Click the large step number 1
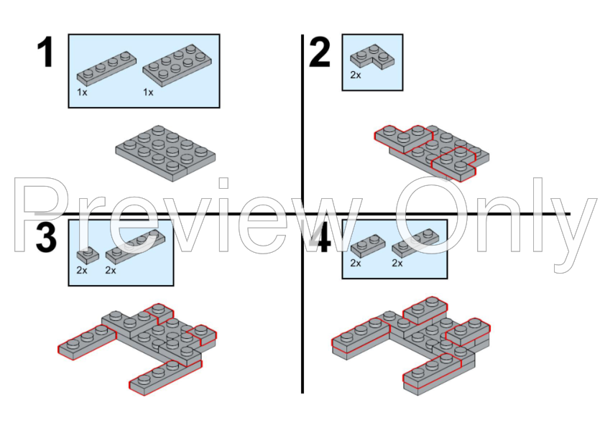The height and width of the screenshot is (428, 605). (x=45, y=52)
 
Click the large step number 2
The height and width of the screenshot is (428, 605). (x=320, y=52)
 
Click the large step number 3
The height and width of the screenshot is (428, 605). (x=46, y=237)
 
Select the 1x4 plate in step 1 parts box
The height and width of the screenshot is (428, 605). (x=106, y=68)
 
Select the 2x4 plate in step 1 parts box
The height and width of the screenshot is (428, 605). (x=177, y=65)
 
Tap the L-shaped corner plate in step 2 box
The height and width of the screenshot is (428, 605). (x=372, y=57)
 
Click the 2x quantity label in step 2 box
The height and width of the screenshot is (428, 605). (x=356, y=75)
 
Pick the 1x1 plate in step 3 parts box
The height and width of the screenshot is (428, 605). (x=88, y=255)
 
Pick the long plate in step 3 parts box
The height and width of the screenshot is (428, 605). (x=135, y=247)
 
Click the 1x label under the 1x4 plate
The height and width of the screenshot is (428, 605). (x=82, y=92)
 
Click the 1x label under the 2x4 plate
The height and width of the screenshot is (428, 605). (x=148, y=92)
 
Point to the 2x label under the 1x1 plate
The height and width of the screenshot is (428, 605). (x=82, y=270)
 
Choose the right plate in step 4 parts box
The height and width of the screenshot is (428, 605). (x=415, y=243)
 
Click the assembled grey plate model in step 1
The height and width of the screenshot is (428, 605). (x=165, y=153)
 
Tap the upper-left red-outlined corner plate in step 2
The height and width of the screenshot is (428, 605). (x=404, y=139)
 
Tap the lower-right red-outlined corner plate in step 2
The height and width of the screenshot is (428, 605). (x=454, y=164)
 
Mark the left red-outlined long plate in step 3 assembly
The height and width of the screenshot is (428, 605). (x=87, y=342)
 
